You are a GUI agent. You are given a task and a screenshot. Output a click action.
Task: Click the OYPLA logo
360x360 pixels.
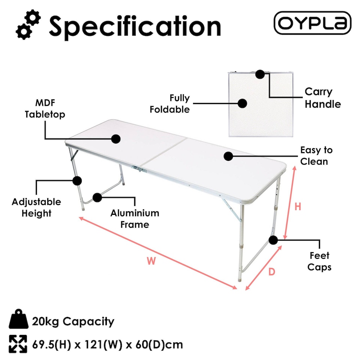[312, 23]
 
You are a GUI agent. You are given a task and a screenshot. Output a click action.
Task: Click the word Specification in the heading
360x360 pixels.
[135, 26]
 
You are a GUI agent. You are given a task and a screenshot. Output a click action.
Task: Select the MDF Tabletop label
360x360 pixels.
[45, 109]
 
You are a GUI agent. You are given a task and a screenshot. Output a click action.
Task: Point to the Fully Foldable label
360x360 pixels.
[170, 104]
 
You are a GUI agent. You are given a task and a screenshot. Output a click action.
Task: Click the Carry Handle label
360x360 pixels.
[322, 98]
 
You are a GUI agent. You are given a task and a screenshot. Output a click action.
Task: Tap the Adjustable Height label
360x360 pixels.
[36, 207]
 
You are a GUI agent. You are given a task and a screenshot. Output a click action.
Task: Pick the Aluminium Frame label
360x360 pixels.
[135, 219]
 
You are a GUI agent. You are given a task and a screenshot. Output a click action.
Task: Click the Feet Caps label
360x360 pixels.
[319, 261]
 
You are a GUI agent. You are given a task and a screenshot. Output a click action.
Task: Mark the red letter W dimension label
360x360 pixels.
[151, 261]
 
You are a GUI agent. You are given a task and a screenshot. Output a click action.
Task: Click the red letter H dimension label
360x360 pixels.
[298, 207]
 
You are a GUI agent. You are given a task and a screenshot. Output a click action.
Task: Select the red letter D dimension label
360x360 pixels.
[272, 272]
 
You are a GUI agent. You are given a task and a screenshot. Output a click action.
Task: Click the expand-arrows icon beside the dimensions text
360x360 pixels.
[18, 344]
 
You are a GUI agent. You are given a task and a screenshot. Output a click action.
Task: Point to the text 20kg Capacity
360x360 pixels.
[73, 321]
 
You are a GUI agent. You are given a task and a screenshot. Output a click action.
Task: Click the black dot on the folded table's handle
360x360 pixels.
[260, 74]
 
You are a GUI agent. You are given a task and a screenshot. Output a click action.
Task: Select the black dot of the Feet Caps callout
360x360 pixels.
[273, 240]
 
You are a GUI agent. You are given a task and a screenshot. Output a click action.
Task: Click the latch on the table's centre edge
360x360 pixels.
[140, 170]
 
